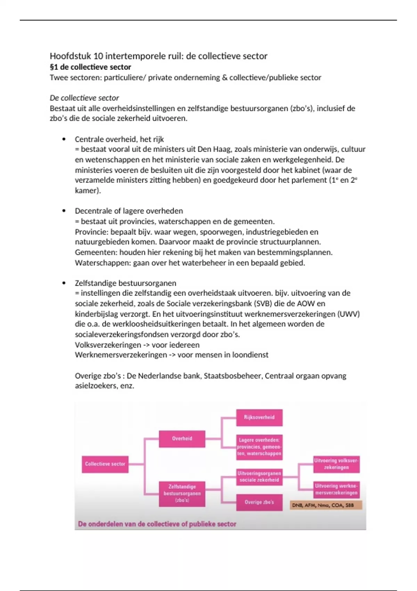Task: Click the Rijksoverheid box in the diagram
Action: tap(259, 418)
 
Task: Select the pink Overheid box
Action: tap(182, 439)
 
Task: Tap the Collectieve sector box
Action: tap(105, 464)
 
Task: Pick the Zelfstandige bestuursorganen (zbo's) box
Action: tap(182, 493)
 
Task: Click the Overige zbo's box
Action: tap(259, 502)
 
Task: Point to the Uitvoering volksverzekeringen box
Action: tap(336, 464)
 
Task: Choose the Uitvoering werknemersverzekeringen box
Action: tap(336, 489)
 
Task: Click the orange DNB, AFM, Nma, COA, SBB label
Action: tap(326, 505)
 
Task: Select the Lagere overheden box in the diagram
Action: tap(259, 447)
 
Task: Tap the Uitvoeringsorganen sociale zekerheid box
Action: tap(259, 477)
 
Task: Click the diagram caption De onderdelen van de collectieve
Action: tap(157, 524)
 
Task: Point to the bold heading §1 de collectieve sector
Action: tap(90, 67)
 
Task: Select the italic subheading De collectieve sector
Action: tap(84, 98)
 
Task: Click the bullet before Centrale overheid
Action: tap(64, 139)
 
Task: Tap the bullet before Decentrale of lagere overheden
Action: tap(64, 211)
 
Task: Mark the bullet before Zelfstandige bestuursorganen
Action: tap(64, 283)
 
